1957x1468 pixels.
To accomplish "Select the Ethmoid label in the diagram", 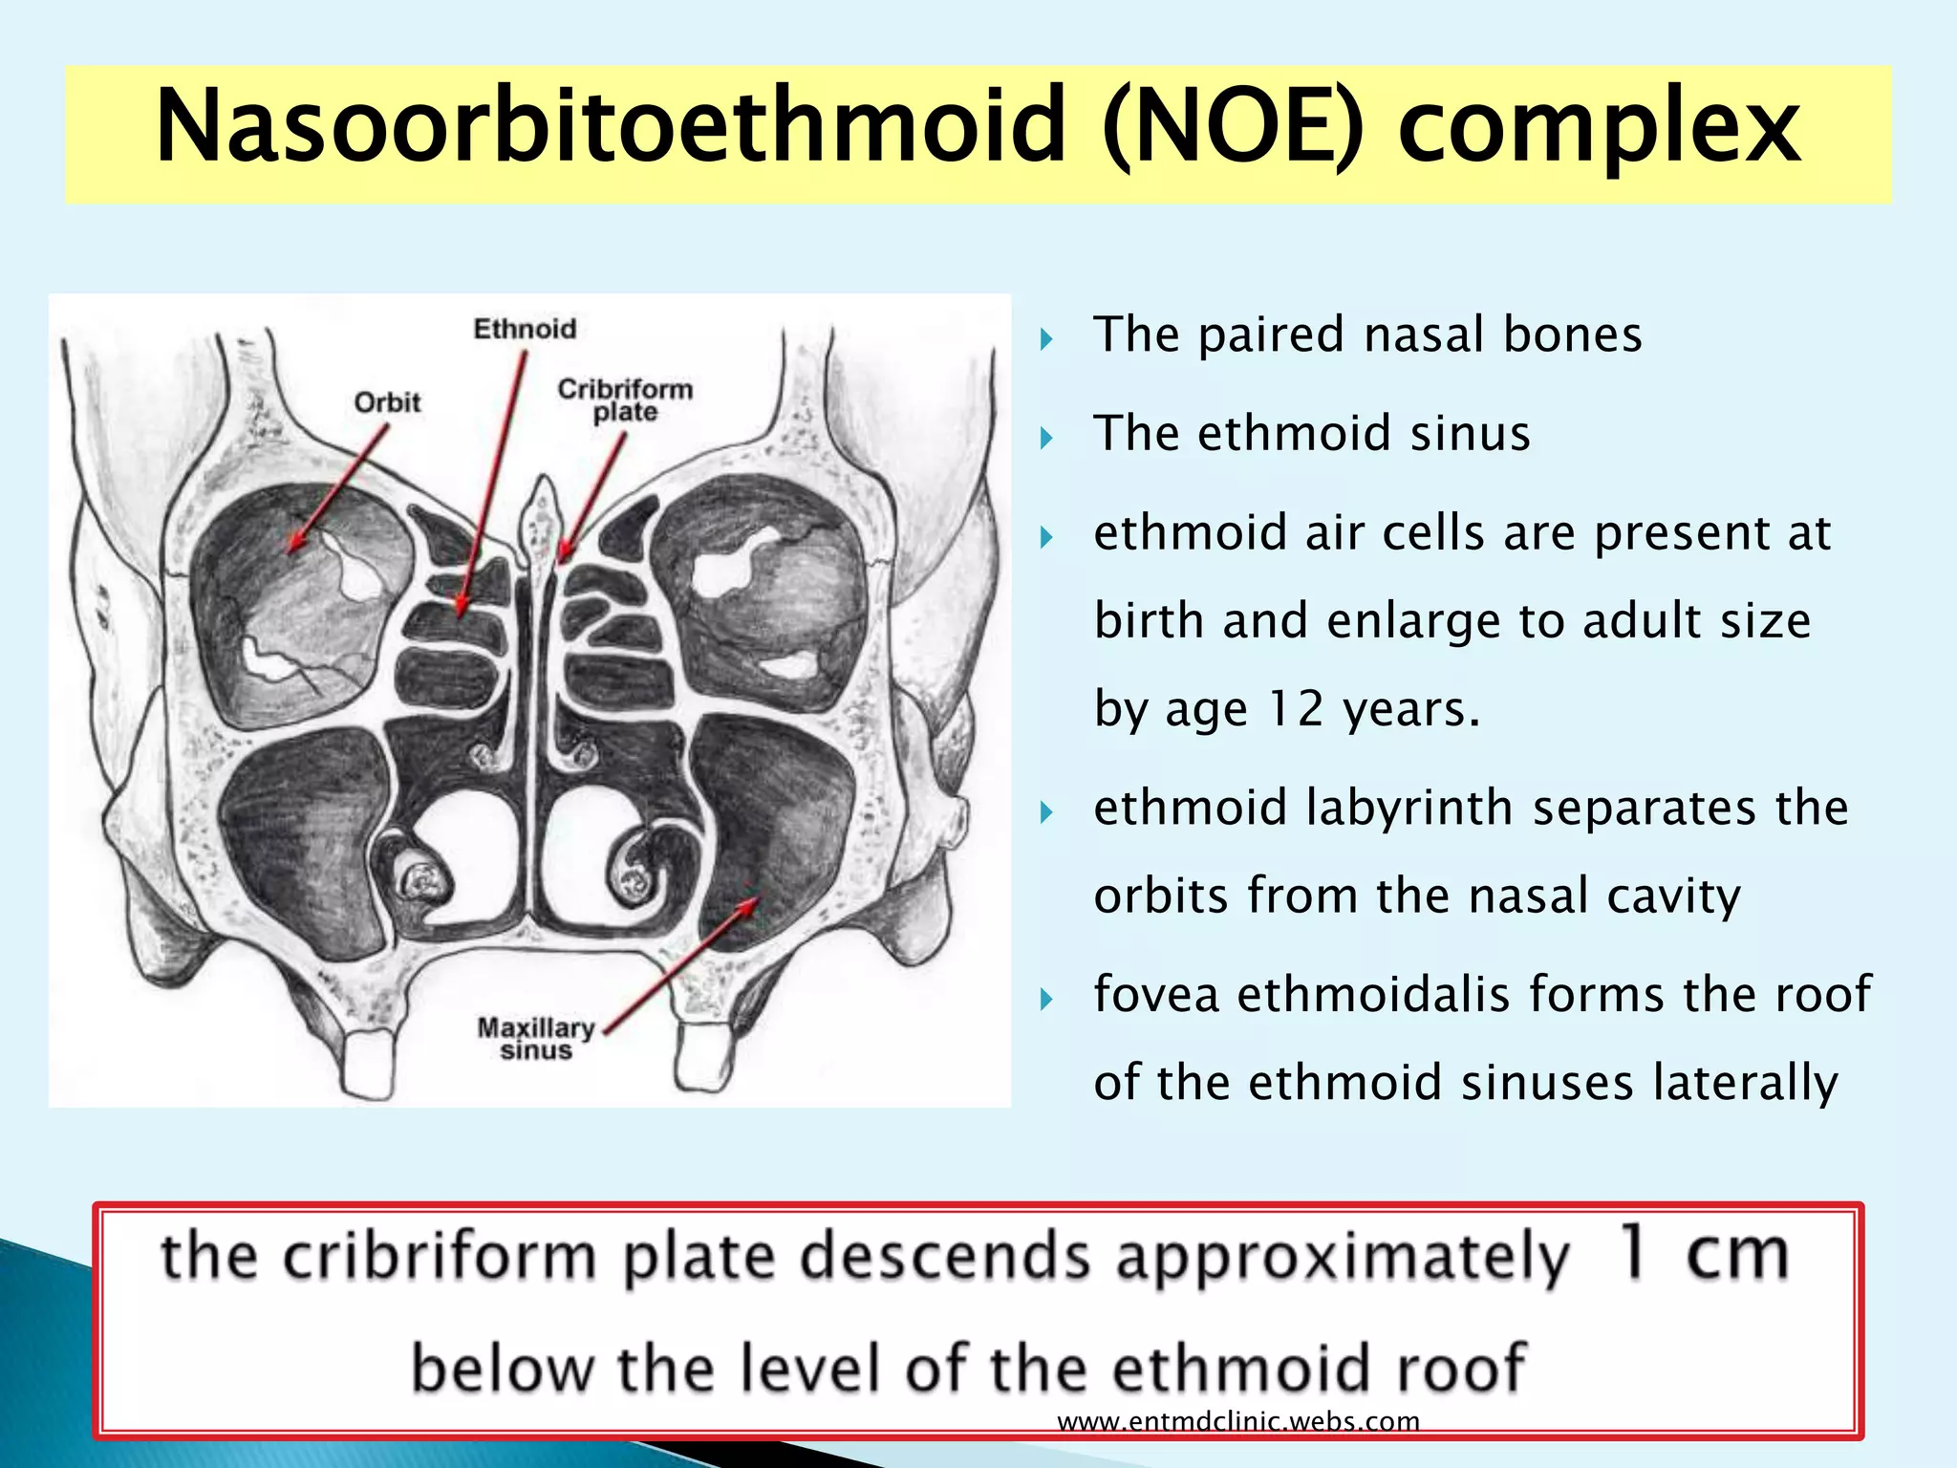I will pos(525,329).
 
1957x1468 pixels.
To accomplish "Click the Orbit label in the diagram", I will pos(387,402).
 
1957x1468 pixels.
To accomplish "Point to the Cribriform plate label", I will pos(625,400).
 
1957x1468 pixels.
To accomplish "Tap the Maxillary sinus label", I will pos(535,1039).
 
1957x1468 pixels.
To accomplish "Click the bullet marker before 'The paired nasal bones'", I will pos(1046,338).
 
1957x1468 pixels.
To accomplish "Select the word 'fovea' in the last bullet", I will pos(1156,994).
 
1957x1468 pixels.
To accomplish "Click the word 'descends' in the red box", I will pos(945,1256).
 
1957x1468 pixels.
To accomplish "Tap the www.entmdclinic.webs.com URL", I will pos(1238,1421).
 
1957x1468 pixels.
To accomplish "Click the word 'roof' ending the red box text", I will pos(1462,1369).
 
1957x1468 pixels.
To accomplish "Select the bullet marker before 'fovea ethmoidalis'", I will pos(1046,1000).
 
